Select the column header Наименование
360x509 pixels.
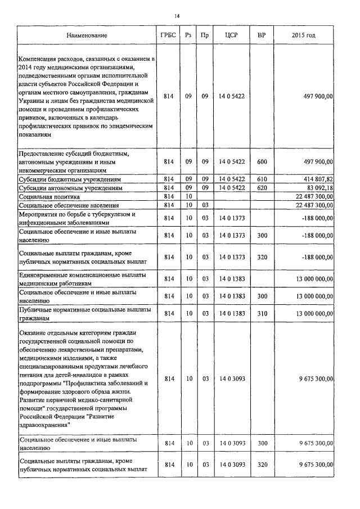pyautogui.click(x=87, y=35)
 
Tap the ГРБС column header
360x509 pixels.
pyautogui.click(x=168, y=35)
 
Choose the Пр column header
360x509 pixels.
pyautogui.click(x=205, y=35)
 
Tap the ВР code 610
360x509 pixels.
pyautogui.click(x=262, y=179)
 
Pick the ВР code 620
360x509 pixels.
pyautogui.click(x=262, y=187)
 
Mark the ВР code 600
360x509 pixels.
pyautogui.click(x=262, y=161)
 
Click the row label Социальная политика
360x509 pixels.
pyautogui.click(x=49, y=197)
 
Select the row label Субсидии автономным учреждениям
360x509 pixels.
pyautogui.click(x=70, y=188)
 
